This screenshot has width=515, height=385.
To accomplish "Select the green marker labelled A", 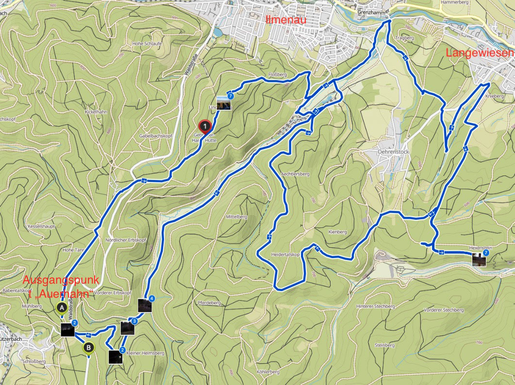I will tap(62, 307).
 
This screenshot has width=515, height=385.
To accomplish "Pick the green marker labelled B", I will tap(88, 347).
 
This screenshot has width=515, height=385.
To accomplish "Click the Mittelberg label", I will tap(236, 217).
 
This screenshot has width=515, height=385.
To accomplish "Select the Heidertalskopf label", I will tap(286, 254).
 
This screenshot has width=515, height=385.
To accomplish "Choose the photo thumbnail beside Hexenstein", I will tap(479, 260).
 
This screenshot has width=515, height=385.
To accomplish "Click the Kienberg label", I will tap(338, 232).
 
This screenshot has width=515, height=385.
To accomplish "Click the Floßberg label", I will tap(278, 75).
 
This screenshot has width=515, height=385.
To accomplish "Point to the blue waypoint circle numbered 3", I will tap(134, 321).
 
